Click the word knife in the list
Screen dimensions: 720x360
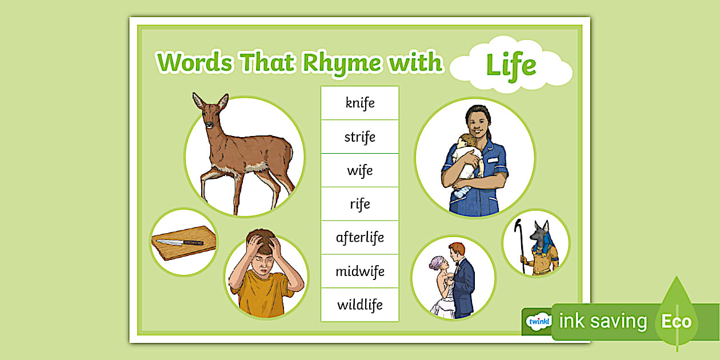tap(360, 103)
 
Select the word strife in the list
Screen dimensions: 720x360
tap(359, 137)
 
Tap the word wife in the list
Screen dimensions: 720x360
tap(360, 170)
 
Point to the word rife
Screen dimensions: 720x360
tap(360, 204)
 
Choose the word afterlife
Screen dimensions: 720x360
tap(360, 238)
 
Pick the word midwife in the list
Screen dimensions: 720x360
tap(360, 271)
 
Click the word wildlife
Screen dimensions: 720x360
tap(360, 305)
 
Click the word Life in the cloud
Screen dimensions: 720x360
tap(511, 66)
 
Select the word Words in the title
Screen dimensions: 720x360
tap(194, 62)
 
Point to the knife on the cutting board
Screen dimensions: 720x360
tap(179, 242)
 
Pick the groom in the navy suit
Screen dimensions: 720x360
tap(462, 279)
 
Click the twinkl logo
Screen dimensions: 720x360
tap(539, 321)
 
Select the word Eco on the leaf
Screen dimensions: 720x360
tap(677, 321)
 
